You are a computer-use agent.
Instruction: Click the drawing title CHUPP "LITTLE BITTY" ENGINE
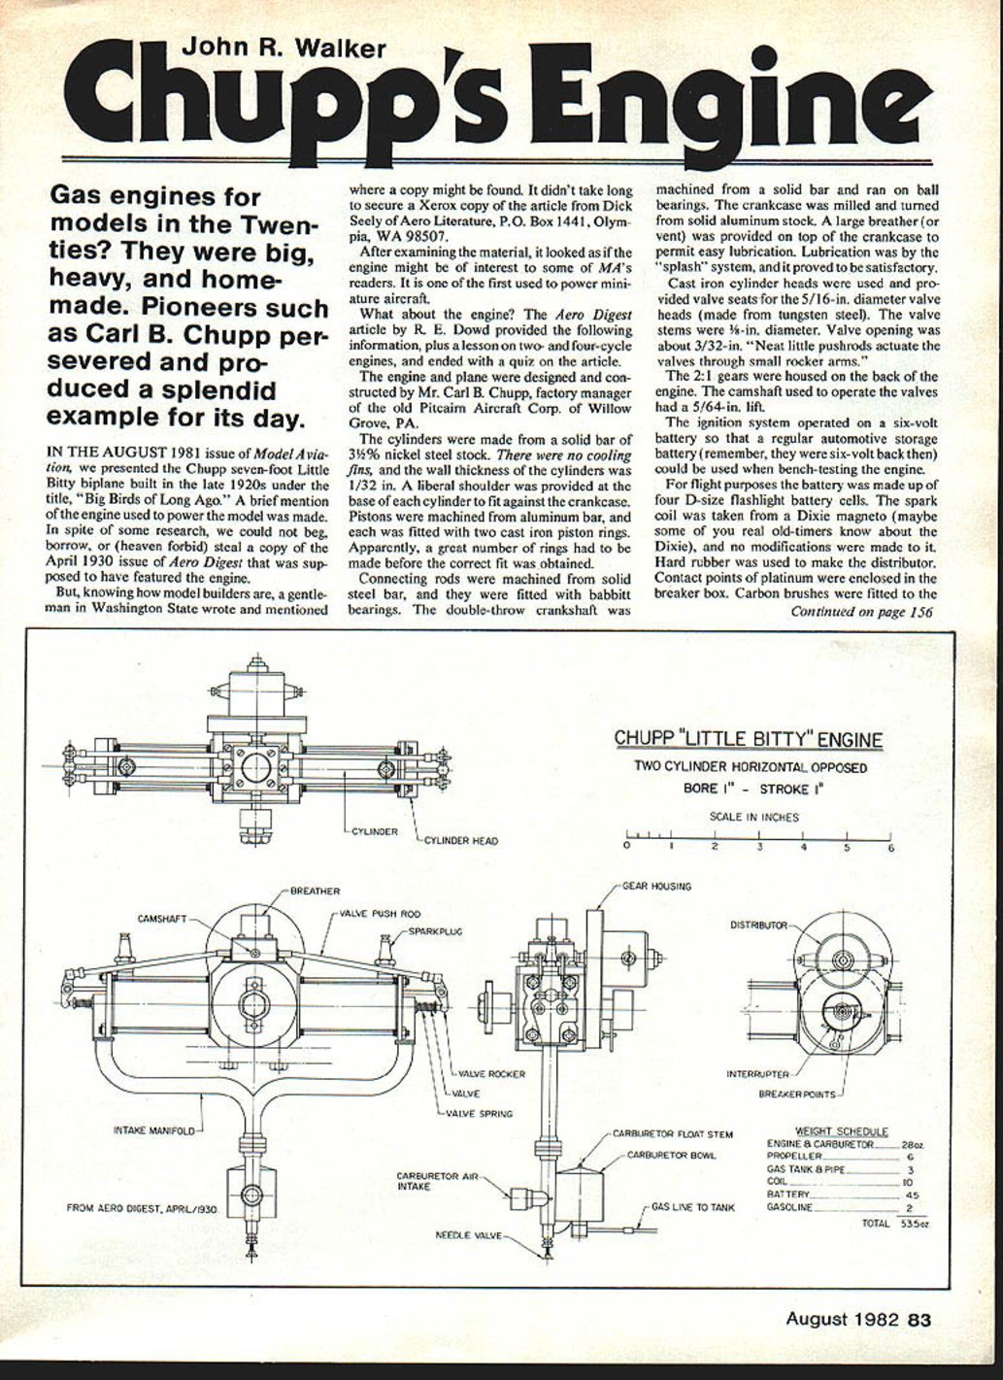749,740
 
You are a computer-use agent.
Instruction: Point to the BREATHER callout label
315,891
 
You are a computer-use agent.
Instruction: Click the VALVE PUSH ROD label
380,914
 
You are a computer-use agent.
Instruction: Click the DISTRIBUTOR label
758,925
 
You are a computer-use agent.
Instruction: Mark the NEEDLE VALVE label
468,1235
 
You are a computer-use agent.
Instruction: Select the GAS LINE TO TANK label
692,1207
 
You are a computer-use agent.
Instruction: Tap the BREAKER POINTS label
796,1094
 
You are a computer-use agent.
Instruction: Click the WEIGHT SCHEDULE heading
841,1130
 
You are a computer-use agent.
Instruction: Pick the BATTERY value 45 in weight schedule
911,1195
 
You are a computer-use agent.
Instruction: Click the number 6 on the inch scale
890,847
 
